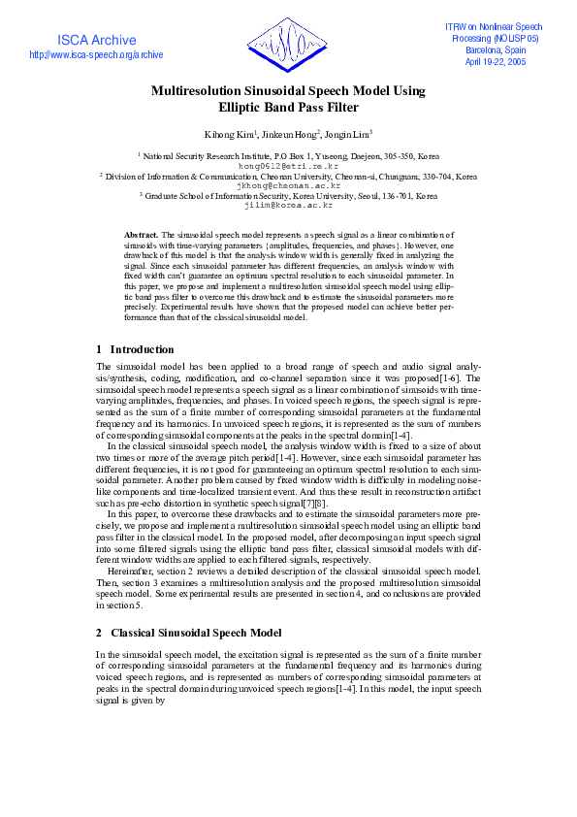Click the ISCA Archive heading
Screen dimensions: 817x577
click(96, 40)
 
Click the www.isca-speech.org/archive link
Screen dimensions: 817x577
click(96, 55)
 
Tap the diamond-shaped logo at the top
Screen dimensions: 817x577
click(288, 45)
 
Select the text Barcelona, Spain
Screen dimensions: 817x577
click(496, 49)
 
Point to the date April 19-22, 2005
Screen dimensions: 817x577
click(496, 60)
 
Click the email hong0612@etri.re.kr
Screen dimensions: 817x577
click(288, 166)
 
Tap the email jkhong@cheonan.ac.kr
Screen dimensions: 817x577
click(288, 185)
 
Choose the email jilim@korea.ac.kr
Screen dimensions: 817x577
click(288, 206)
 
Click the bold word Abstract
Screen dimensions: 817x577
click(142, 236)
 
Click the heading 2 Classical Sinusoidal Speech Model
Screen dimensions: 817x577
click(188, 633)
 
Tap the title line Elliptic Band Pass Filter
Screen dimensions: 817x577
click(288, 108)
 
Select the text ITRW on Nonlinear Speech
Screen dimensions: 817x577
click(496, 26)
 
